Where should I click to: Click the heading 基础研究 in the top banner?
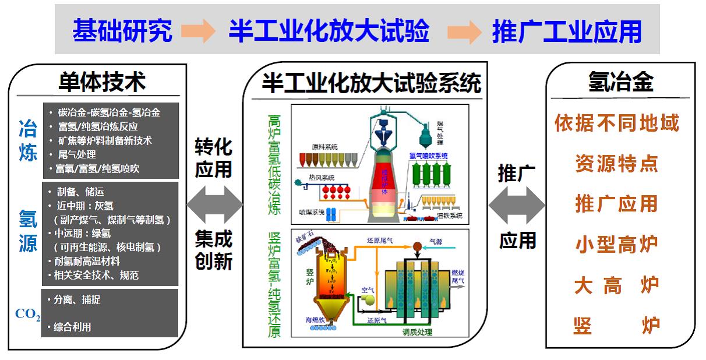[122, 31]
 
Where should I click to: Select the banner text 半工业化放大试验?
[329, 31]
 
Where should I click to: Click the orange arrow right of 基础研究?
[200, 31]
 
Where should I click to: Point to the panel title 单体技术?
[101, 82]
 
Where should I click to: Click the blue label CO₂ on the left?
[27, 315]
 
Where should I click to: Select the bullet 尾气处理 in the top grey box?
[76, 155]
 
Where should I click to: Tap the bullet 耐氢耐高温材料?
[87, 261]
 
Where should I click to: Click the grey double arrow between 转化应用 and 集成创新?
[214, 204]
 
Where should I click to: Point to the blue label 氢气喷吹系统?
[428, 156]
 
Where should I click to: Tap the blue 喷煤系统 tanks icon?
[333, 213]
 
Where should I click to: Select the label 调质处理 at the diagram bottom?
[417, 333]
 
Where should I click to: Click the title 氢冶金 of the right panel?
[621, 82]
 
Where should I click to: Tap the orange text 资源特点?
[616, 164]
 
